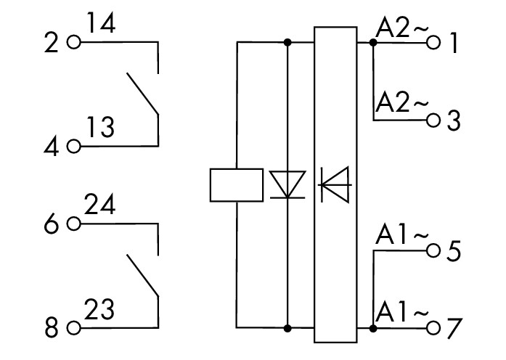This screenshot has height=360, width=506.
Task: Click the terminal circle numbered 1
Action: point(434,43)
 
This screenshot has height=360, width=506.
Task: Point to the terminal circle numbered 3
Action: point(434,120)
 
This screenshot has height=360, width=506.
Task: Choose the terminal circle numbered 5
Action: point(434,251)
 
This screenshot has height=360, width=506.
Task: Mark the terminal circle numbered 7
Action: point(434,328)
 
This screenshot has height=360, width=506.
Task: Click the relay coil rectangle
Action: point(236,185)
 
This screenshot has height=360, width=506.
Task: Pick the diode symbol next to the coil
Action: point(287,184)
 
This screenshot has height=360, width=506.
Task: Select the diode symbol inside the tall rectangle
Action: point(335,184)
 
